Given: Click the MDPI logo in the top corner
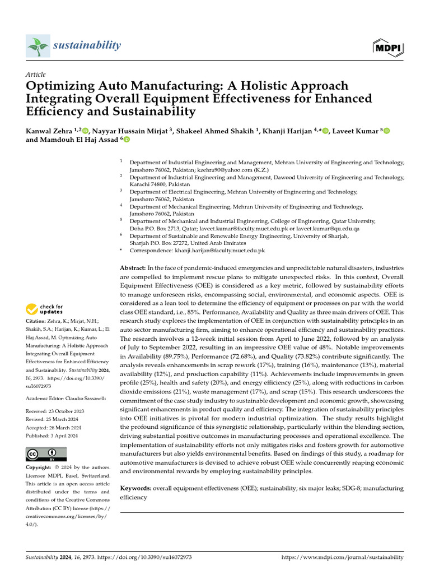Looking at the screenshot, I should [387, 47].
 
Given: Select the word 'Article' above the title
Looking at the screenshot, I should [36, 75].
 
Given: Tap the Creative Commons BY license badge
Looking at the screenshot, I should [46, 454].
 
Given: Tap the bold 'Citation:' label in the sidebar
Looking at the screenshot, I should [38, 321].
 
